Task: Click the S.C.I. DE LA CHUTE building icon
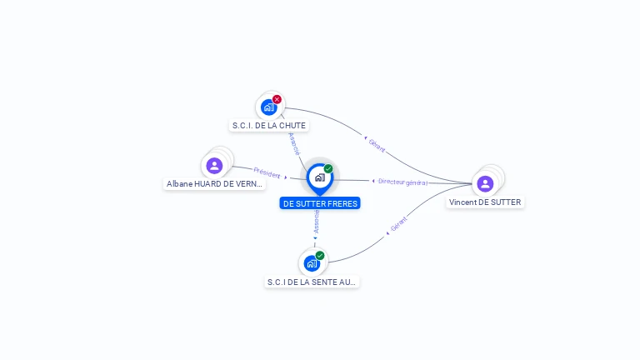pyautogui.click(x=268, y=107)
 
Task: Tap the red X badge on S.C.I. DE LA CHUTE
pyautogui.click(x=277, y=99)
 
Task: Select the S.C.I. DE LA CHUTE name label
pyautogui.click(x=269, y=126)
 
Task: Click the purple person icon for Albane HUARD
pyautogui.click(x=214, y=165)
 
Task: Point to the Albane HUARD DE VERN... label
pyautogui.click(x=214, y=184)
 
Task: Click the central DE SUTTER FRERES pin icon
pyautogui.click(x=319, y=177)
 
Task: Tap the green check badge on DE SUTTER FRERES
pyautogui.click(x=328, y=169)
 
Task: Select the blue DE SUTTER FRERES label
pyautogui.click(x=320, y=203)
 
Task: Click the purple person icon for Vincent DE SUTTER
pyautogui.click(x=485, y=183)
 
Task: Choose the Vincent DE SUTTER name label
pyautogui.click(x=485, y=202)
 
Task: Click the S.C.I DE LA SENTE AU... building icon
pyautogui.click(x=312, y=263)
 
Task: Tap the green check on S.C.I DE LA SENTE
pyautogui.click(x=320, y=256)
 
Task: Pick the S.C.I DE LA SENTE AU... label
pyautogui.click(x=312, y=282)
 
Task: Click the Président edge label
pyautogui.click(x=267, y=173)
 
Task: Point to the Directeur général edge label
pyautogui.click(x=402, y=182)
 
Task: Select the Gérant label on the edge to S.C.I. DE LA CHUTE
pyautogui.click(x=377, y=145)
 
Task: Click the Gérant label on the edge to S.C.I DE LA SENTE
pyautogui.click(x=398, y=223)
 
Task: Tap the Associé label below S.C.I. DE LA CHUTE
pyautogui.click(x=293, y=143)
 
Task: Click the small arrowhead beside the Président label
pyautogui.click(x=286, y=177)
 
